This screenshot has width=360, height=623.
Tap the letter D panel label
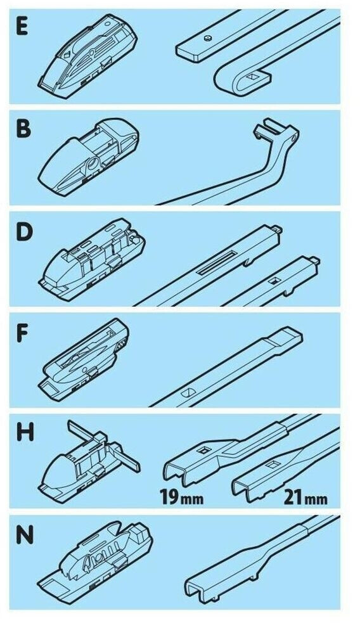24,233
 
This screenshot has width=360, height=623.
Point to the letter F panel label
22,333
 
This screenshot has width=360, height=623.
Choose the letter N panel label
25,536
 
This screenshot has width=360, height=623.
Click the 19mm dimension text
182,497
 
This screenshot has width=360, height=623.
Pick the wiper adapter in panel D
91,257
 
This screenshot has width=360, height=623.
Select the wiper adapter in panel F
84,359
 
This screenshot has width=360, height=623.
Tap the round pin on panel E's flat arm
207,38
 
